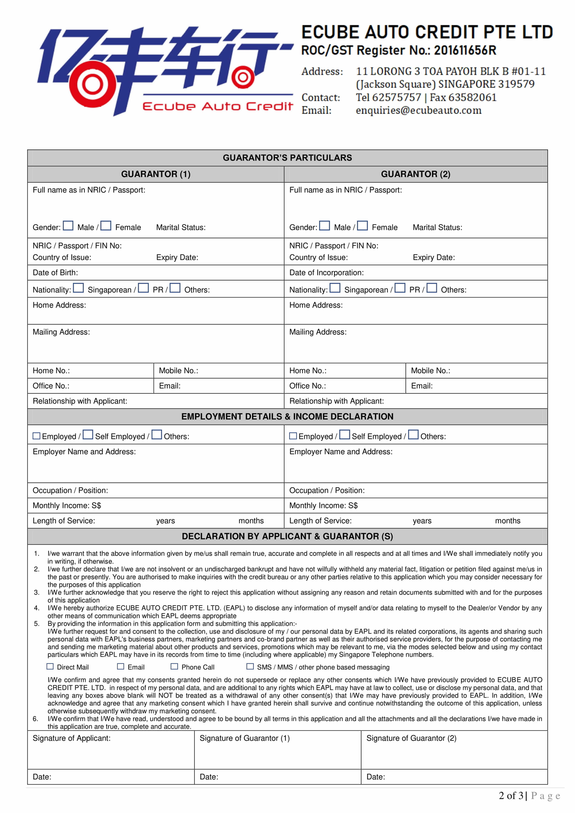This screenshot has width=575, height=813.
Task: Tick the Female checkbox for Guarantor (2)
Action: point(362,225)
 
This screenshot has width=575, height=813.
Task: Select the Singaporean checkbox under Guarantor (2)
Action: point(335,288)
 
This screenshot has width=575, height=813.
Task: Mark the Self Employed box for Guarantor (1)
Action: point(88,434)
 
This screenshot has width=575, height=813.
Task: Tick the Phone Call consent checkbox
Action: point(174,666)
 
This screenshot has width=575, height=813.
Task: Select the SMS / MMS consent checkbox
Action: point(250,666)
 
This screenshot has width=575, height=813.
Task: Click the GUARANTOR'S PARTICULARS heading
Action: point(287,158)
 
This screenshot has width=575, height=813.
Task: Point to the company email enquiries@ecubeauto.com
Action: point(419,110)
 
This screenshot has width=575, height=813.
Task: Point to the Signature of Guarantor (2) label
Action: point(411,738)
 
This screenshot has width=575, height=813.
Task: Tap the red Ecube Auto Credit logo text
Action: point(217,106)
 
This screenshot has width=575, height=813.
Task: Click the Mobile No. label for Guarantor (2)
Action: point(430,371)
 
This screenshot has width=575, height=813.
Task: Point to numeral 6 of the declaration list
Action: point(35,719)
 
